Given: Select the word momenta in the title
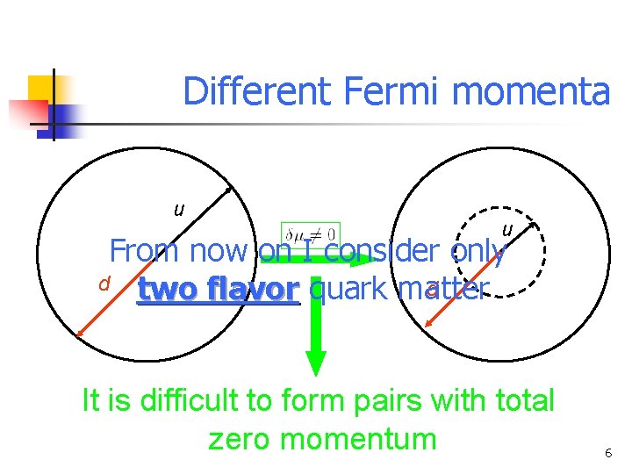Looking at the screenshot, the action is [535, 92].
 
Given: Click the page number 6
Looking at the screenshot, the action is [607, 453].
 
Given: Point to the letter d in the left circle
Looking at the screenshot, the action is [104, 284].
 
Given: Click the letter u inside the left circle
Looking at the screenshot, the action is [179, 210].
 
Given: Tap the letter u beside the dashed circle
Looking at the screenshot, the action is [507, 230].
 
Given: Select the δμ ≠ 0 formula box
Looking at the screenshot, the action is [311, 234].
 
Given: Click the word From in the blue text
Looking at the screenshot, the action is [144, 251].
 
